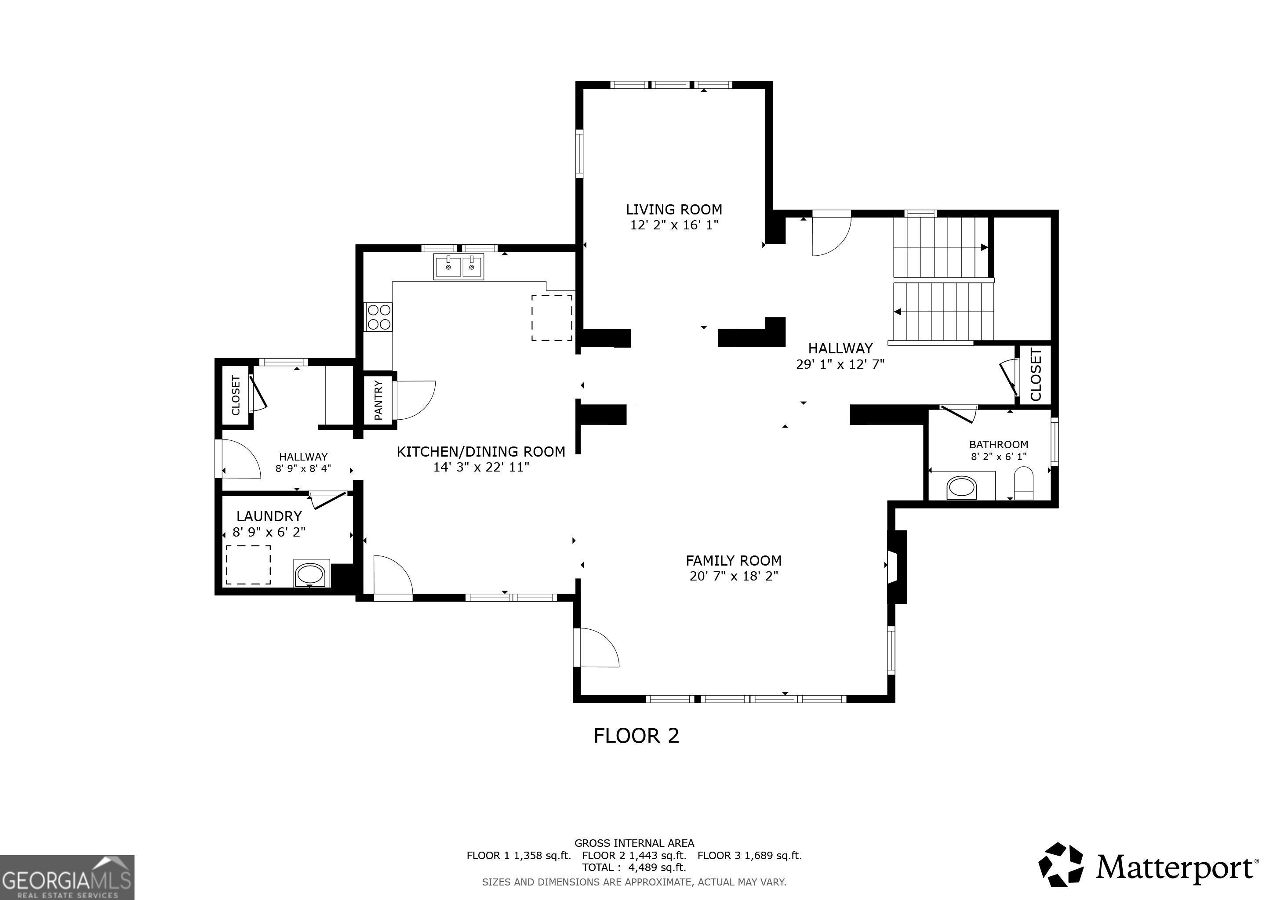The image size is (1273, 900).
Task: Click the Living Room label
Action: [x=674, y=210]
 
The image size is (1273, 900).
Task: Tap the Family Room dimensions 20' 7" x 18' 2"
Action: [x=734, y=577]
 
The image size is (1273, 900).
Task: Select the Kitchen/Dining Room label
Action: [x=481, y=452]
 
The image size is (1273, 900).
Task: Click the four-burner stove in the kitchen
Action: [x=378, y=318]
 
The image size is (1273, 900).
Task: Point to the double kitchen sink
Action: [x=458, y=267]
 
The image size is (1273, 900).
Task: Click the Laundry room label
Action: [x=269, y=516]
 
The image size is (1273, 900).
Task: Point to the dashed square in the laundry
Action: [x=248, y=565]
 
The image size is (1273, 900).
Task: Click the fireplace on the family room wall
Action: [x=896, y=566]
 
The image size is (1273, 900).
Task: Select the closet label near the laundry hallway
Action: [x=236, y=395]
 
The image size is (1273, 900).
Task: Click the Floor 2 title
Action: [x=636, y=736]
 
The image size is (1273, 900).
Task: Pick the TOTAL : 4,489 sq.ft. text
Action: [x=634, y=867]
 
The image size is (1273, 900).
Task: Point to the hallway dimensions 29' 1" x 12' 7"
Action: [x=840, y=364]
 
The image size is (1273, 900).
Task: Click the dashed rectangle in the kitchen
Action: [x=552, y=318]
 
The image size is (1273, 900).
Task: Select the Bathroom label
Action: [x=999, y=444]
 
